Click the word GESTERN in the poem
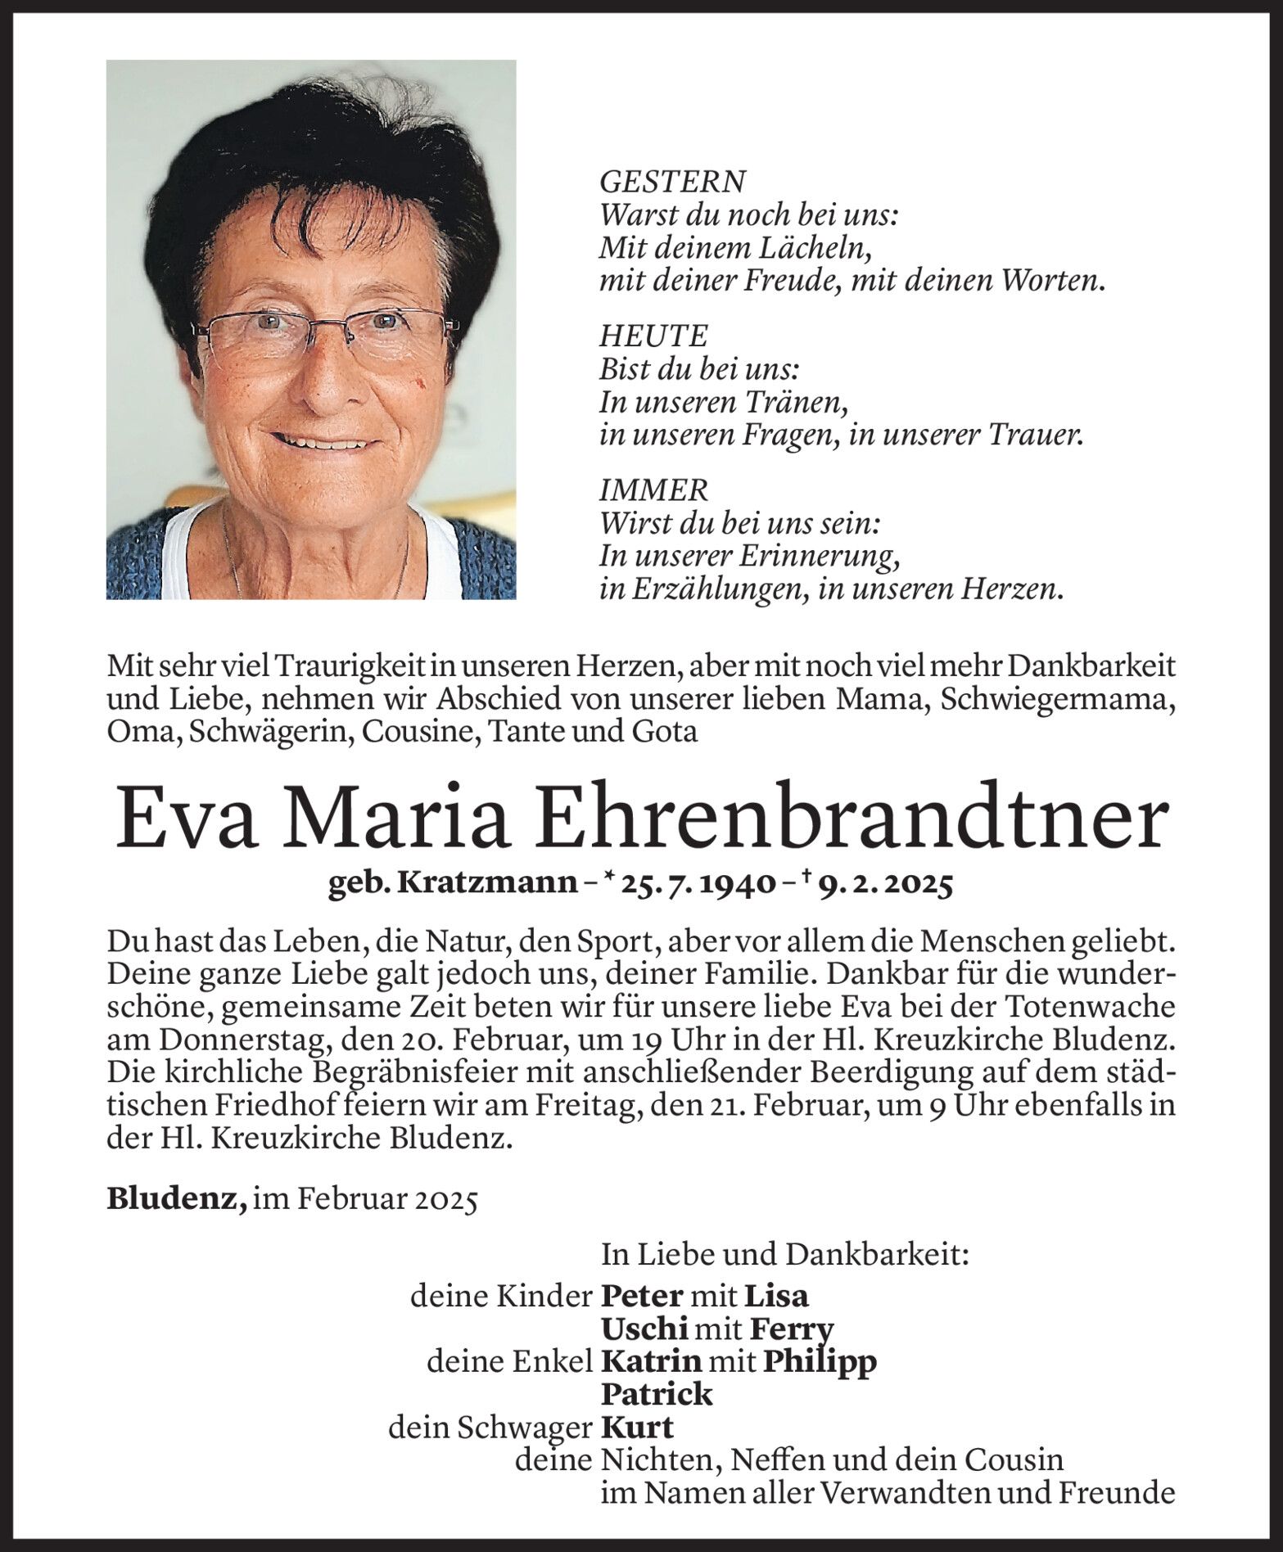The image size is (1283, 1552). tap(672, 182)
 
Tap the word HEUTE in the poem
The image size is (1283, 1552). tap(653, 336)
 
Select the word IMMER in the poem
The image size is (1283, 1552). tap(653, 490)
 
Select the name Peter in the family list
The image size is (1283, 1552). tap(642, 1296)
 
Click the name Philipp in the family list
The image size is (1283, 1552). tap(819, 1362)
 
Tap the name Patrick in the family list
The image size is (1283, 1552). tap(657, 1394)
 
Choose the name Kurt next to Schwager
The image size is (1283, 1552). tap(637, 1428)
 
